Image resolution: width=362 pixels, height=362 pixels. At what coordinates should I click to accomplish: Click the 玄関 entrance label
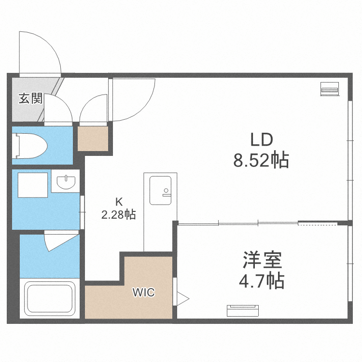coord(30,99)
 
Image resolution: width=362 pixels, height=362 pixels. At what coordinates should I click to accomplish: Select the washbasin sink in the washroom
coord(66,182)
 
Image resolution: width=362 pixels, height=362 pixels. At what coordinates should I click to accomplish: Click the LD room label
coord(261,140)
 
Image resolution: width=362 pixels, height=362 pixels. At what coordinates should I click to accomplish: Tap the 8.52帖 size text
coord(261,159)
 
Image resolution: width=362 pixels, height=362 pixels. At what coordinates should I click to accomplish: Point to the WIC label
coord(144,292)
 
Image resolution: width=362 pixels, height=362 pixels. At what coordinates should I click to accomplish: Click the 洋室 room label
coord(262,261)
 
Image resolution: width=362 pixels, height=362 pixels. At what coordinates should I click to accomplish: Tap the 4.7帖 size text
coord(262,280)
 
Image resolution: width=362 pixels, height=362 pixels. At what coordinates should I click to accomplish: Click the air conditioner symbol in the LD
coord(330,89)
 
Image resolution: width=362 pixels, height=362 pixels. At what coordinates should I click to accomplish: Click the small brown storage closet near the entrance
coord(93,139)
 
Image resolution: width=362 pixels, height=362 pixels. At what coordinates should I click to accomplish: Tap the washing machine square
coord(33,184)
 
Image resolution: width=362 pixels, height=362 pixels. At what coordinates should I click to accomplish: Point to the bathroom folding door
coord(59,240)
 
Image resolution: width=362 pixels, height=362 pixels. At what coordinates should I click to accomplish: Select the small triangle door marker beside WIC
coord(182,298)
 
